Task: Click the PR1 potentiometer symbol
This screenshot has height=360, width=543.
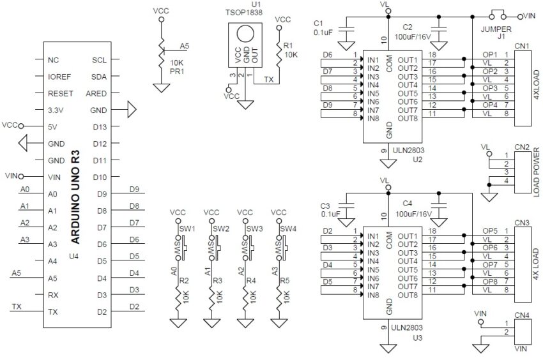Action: [160, 58]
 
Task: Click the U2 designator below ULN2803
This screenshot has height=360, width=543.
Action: [417, 159]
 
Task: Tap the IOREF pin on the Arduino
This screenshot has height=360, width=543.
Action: [59, 77]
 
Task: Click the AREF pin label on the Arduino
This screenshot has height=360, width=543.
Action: [96, 93]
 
